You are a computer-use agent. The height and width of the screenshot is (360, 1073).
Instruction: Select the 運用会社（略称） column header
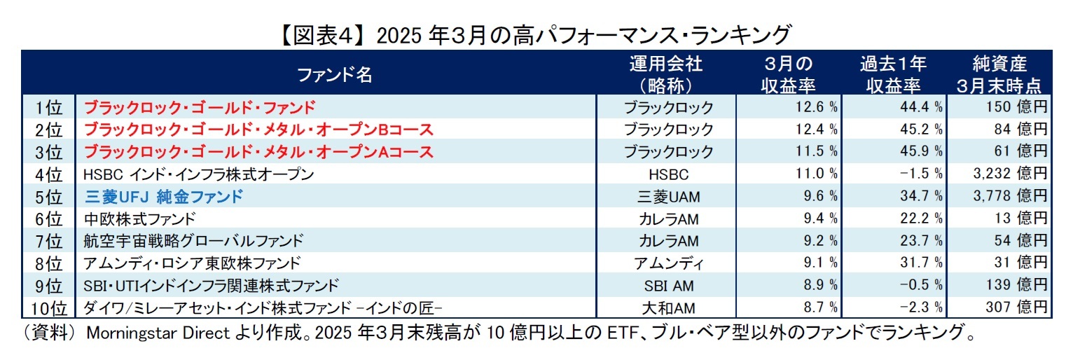pos(665,74)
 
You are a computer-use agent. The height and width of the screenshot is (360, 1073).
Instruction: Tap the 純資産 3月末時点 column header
pos(999,74)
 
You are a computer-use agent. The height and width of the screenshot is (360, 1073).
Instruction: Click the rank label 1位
pos(48,107)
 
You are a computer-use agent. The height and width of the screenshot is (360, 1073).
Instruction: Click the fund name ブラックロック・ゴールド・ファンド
pos(199,107)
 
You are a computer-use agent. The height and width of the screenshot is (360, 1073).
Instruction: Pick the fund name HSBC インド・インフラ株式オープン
pos(198,174)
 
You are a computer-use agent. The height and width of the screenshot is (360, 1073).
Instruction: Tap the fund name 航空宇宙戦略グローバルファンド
pos(193,240)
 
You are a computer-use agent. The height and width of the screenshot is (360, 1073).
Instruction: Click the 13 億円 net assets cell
pos(1020,219)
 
